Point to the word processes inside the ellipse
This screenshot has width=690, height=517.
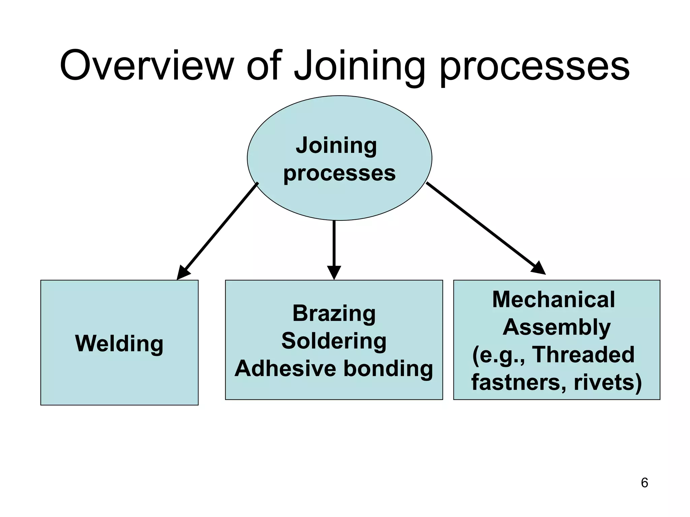(339, 173)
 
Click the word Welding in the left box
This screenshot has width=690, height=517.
(119, 343)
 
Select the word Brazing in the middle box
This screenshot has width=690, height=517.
(334, 313)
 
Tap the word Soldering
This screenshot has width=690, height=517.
(334, 341)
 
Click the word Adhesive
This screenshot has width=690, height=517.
(285, 368)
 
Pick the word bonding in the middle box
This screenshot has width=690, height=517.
(388, 368)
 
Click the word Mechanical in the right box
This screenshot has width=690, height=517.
(553, 299)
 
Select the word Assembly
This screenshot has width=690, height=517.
(557, 327)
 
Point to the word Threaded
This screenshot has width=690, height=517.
(583, 354)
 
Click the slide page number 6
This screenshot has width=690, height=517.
(644, 483)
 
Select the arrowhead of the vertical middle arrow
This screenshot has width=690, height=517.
(334, 272)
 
